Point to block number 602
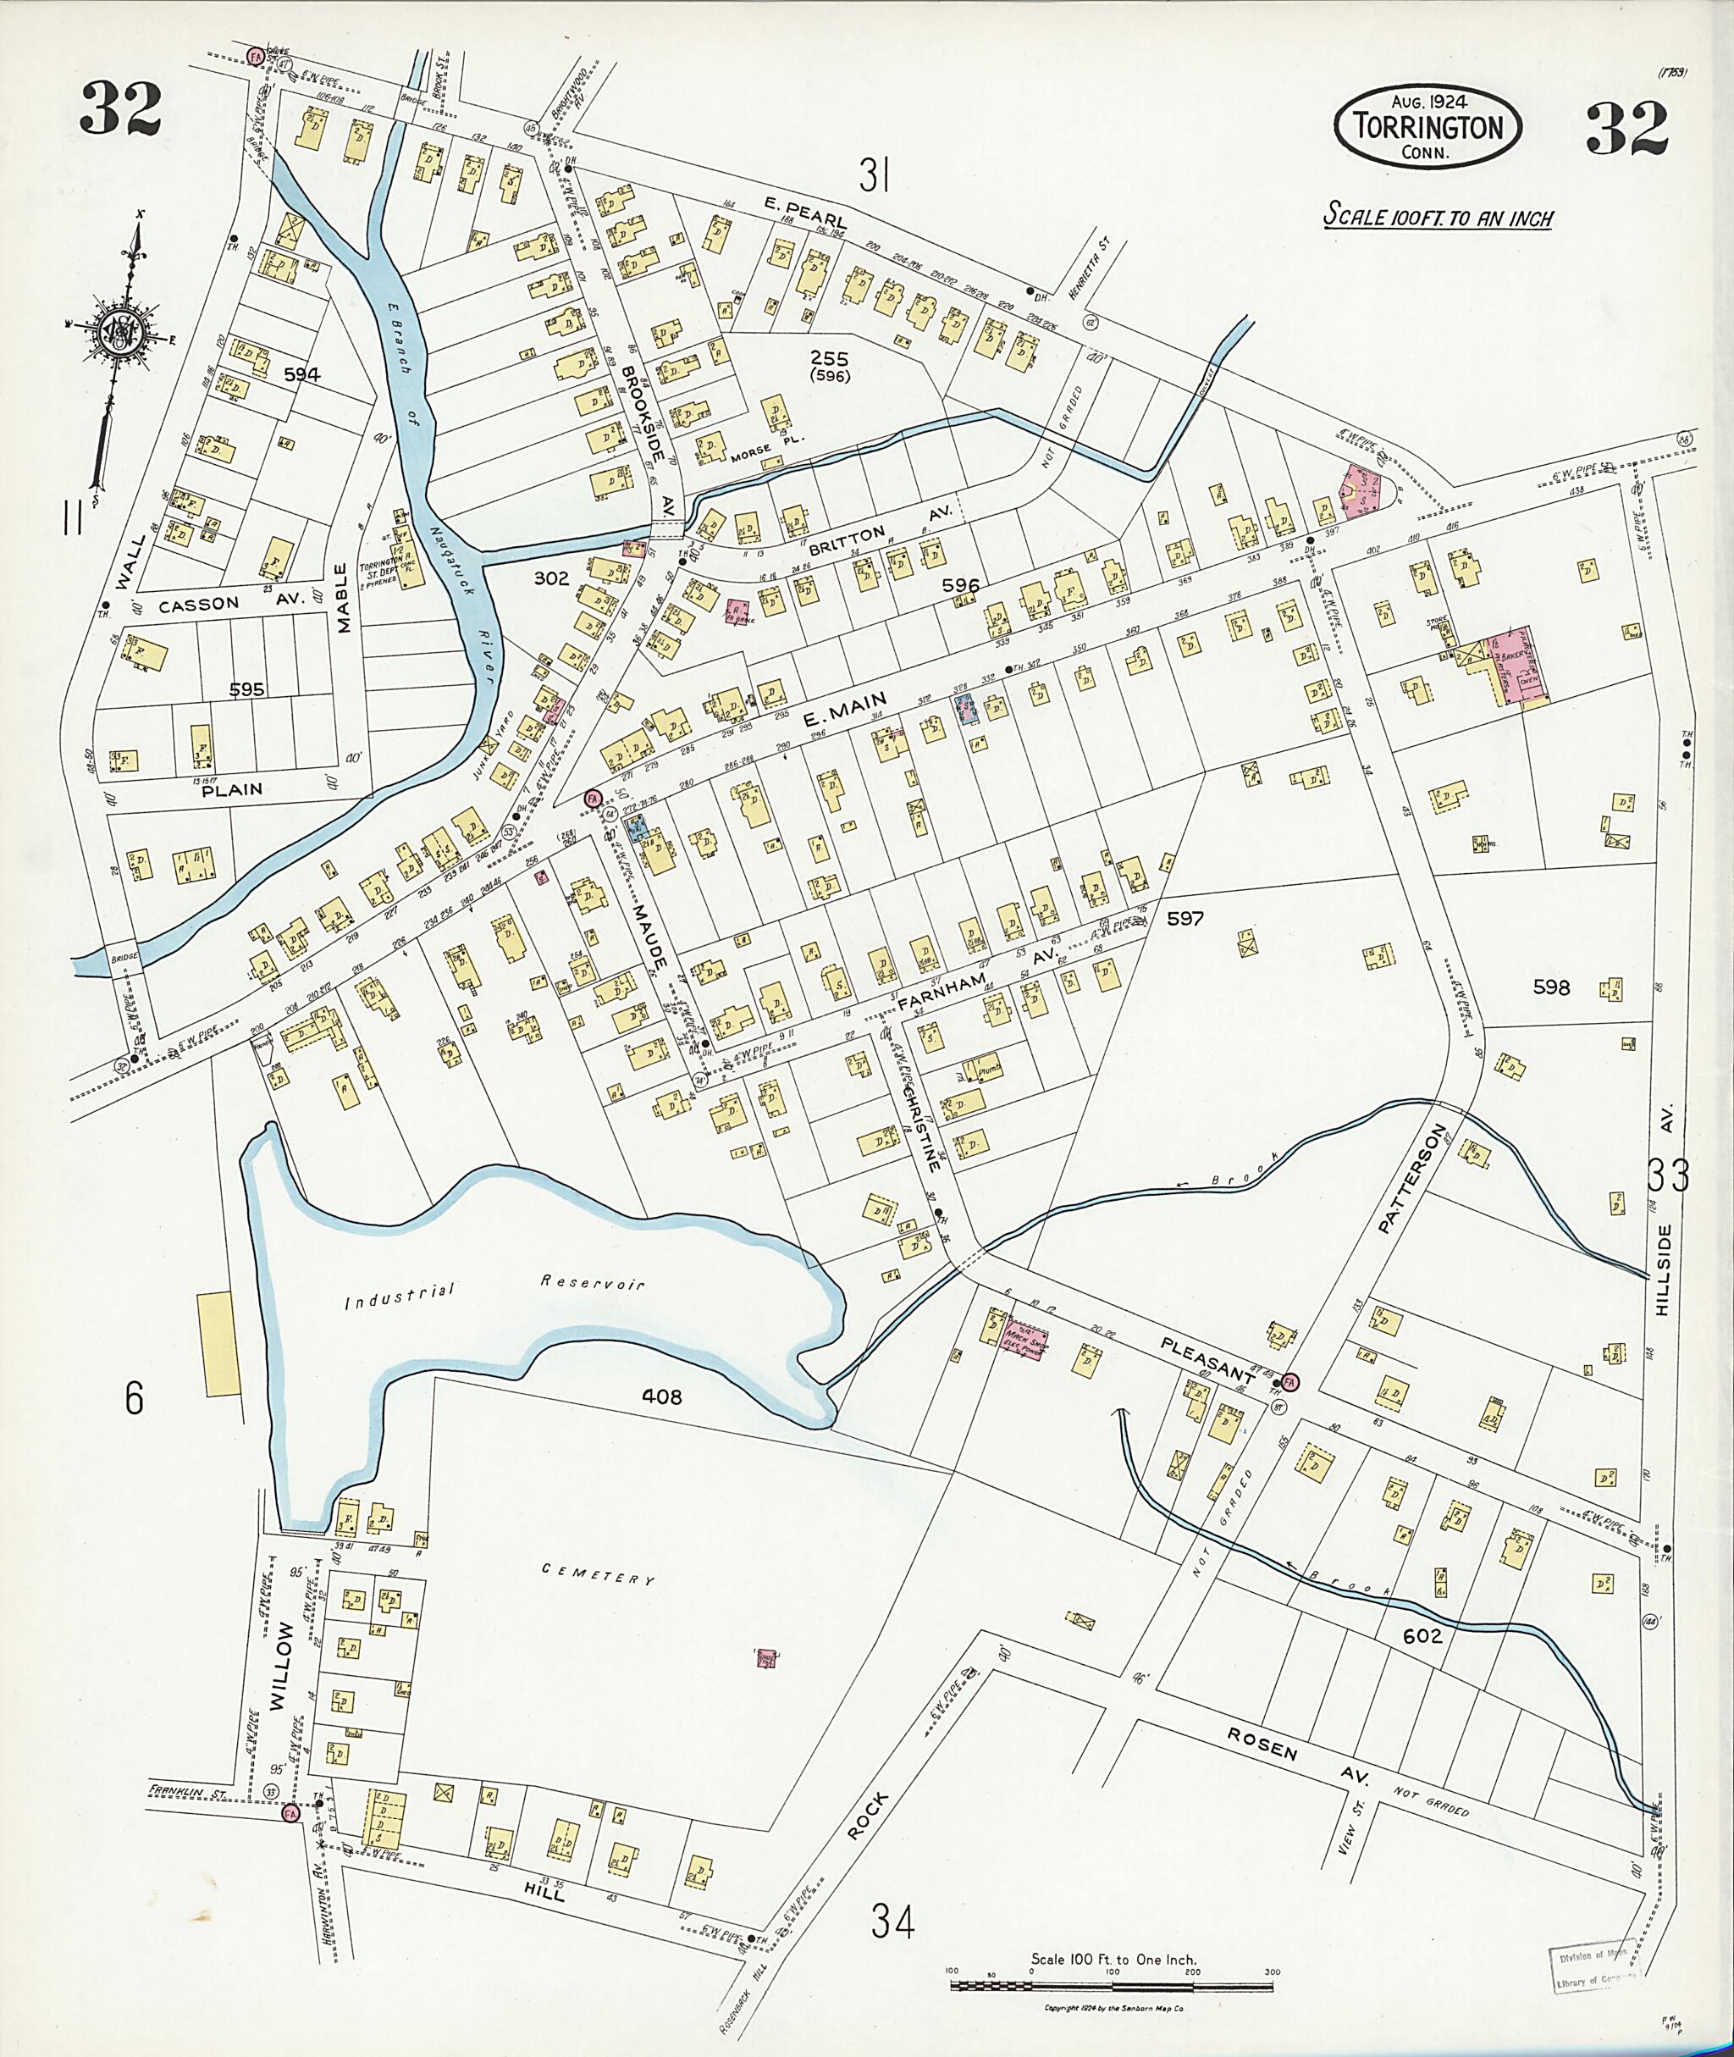tap(1423, 1635)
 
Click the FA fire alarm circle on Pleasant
tap(1289, 1380)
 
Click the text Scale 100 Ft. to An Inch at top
tap(1437, 216)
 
